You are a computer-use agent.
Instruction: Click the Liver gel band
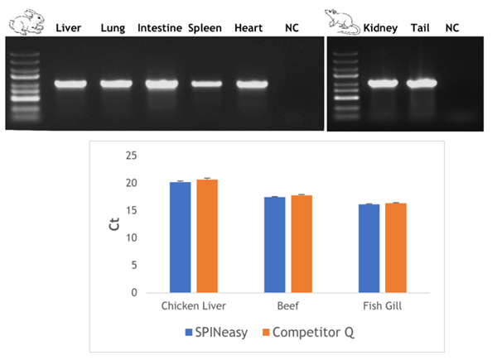71,84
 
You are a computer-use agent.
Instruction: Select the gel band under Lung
116,84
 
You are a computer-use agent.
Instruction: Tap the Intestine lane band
161,84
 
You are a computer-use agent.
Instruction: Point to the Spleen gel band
205,84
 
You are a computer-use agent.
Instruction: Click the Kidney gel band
382,83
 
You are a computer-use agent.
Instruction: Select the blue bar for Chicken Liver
180,237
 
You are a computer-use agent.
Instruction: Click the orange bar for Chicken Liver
206,235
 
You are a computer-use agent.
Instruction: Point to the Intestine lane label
159,28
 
